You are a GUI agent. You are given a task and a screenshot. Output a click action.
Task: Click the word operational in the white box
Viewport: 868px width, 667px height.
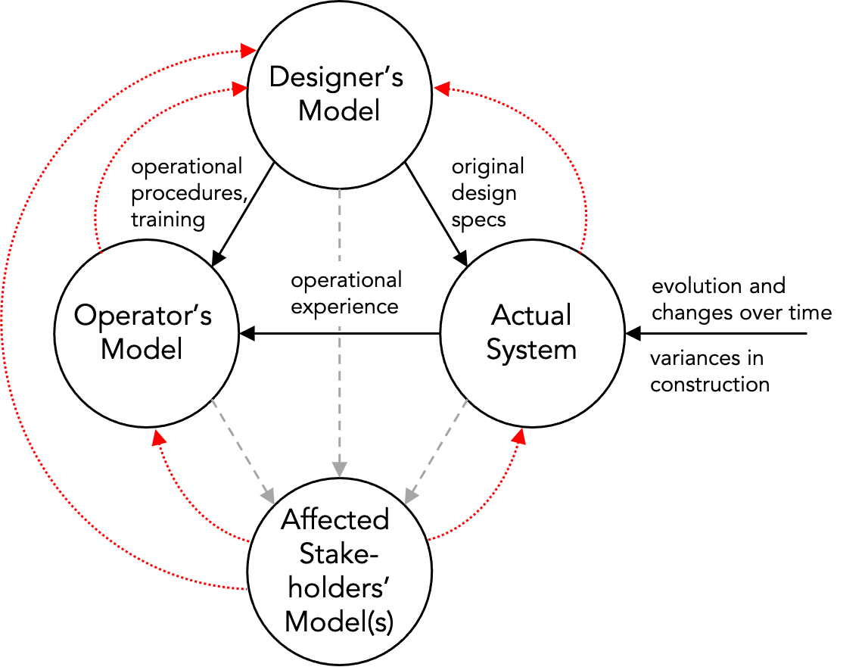click(x=346, y=281)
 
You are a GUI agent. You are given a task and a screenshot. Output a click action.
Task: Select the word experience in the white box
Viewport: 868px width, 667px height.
click(x=344, y=307)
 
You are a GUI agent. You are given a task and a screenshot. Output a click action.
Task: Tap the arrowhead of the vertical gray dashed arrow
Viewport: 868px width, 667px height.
click(x=340, y=469)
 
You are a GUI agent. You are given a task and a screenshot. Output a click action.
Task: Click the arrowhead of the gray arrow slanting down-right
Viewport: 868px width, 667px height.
click(x=267, y=496)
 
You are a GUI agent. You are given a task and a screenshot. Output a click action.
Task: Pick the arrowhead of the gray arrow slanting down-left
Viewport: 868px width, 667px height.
click(x=411, y=497)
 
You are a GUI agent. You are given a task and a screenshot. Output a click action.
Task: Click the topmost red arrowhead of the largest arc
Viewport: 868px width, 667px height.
click(x=248, y=51)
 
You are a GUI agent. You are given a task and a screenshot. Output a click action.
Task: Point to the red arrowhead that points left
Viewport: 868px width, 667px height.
click(x=442, y=89)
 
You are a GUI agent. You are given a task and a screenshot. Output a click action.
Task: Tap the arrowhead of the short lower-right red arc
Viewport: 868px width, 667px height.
click(x=519, y=436)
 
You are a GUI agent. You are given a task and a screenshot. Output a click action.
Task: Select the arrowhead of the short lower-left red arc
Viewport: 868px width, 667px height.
click(x=158, y=438)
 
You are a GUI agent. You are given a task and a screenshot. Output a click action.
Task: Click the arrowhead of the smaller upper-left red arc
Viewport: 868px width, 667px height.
click(x=239, y=89)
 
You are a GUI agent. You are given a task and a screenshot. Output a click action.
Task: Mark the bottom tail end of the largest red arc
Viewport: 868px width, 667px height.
click(x=247, y=588)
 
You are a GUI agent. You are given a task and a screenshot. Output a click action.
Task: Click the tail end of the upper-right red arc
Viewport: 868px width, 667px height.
click(x=580, y=252)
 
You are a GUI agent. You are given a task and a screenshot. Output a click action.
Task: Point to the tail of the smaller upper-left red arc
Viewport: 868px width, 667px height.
click(x=101, y=253)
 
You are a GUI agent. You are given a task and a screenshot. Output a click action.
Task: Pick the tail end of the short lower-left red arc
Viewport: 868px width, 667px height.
click(x=248, y=541)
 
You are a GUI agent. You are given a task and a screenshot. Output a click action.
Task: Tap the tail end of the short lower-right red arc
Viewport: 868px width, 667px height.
click(x=428, y=541)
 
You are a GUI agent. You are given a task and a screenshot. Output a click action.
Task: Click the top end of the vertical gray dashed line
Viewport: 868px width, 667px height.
click(x=340, y=190)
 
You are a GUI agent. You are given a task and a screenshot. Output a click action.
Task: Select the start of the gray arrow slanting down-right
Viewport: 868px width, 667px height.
click(x=212, y=399)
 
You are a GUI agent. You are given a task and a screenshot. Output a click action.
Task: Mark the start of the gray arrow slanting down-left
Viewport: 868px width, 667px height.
click(x=467, y=400)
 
